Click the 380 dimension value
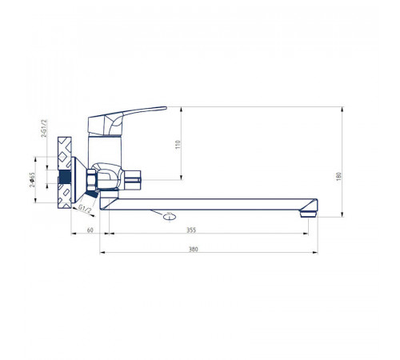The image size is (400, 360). coord(194,249)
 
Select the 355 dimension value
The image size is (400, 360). coord(191,230)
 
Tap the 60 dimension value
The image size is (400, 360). coord(90,230)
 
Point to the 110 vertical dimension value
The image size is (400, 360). coord(178,144)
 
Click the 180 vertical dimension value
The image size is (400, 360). coord(338,177)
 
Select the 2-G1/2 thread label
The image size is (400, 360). coord(44,128)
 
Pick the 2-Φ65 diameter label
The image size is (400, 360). coord(32,180)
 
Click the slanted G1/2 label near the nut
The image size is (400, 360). coord(85,208)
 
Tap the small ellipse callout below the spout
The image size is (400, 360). coord(170,217)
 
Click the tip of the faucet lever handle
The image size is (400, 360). coord(166,108)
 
